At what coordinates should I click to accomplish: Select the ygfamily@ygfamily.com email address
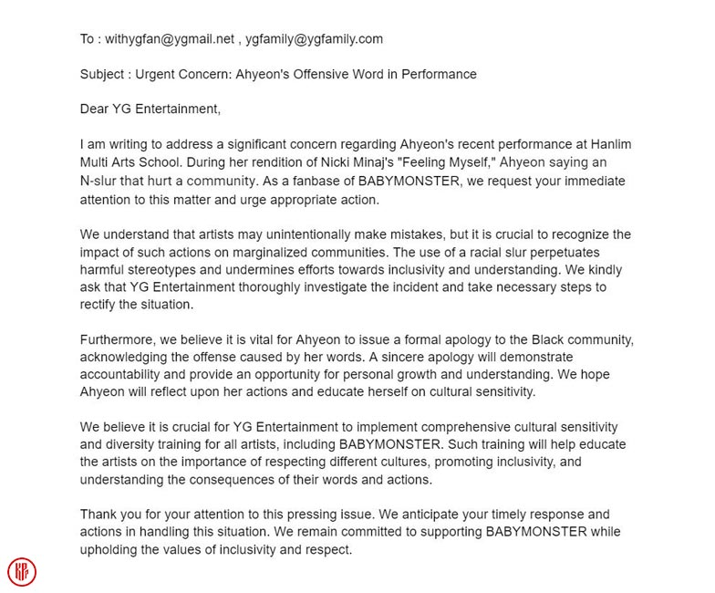coord(314,39)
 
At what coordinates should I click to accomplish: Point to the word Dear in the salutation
coord(96,110)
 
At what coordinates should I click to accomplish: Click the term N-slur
coord(103,182)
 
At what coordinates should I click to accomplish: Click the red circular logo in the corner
coord(22,572)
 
